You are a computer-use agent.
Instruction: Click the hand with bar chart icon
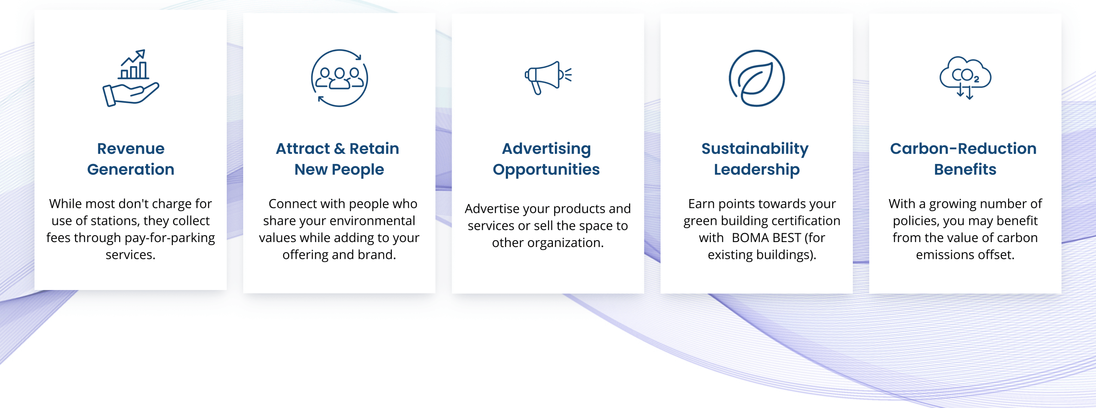(131, 78)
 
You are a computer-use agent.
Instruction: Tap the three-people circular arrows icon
(339, 78)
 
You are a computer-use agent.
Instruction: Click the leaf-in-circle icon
(757, 78)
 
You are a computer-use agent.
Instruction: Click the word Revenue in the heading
(131, 148)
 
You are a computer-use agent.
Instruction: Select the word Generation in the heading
(131, 169)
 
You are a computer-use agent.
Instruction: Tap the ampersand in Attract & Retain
(339, 148)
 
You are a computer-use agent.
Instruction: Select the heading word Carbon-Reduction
(963, 148)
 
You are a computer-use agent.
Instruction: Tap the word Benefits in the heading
(965, 169)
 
